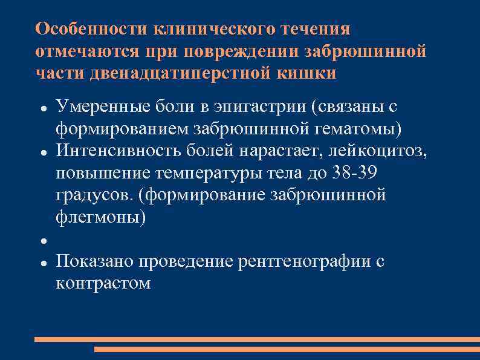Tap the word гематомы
(363, 129)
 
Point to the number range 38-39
(355, 173)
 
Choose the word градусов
(91, 195)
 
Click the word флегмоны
(100, 217)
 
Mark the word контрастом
(103, 283)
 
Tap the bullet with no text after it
(45, 241)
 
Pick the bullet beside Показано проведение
(45, 263)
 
